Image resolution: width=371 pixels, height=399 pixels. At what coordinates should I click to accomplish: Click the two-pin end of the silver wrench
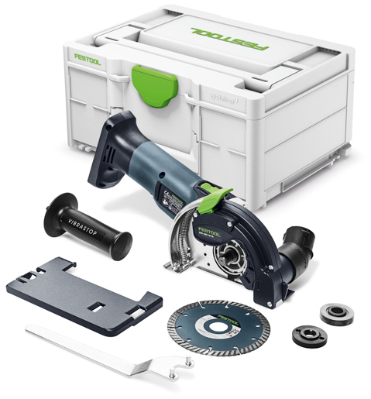[x=180, y=358]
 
